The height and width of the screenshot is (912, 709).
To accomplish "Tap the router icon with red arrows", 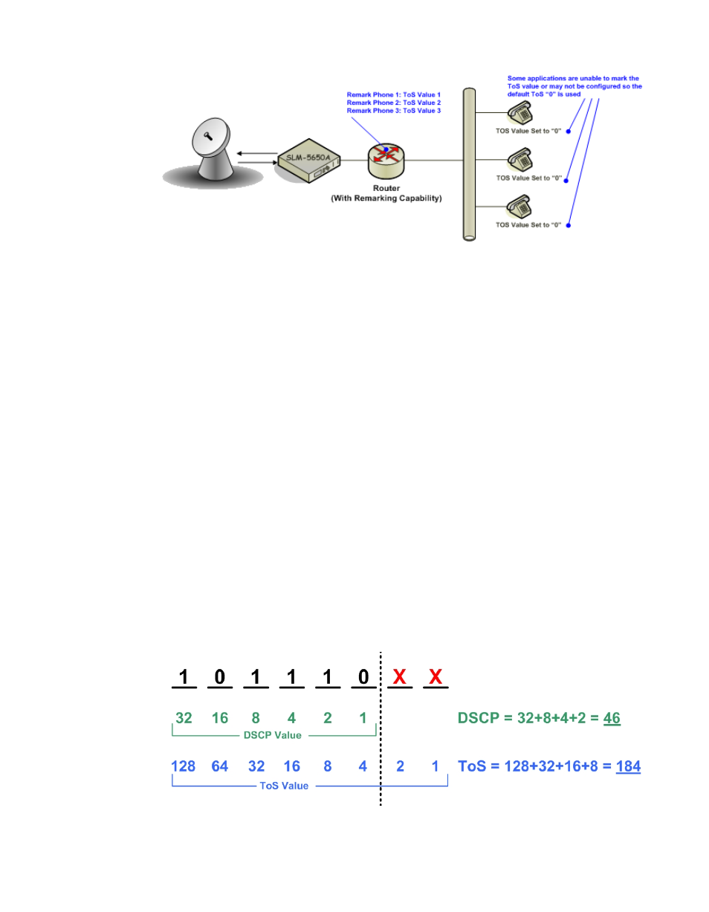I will [x=386, y=158].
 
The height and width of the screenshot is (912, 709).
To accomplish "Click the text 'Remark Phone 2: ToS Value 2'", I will [x=394, y=103].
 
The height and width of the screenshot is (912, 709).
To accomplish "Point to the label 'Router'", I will [x=386, y=189].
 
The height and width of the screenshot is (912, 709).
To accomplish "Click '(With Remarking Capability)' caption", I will [x=386, y=198].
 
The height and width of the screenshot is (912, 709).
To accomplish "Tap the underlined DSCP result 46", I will [x=612, y=719].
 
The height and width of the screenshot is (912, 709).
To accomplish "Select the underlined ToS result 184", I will [x=628, y=766].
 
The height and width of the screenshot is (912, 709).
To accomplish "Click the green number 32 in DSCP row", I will [x=184, y=718].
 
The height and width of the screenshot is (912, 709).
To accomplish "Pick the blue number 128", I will [x=183, y=766].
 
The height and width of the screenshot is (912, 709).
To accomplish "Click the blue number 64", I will [x=219, y=766].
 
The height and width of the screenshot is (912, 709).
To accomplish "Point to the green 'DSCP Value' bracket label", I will [x=273, y=735].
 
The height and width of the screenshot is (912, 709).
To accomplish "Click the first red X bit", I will [x=400, y=676].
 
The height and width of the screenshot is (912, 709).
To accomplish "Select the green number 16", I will [x=219, y=718].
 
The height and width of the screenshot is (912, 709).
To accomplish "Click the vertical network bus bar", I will [x=467, y=164].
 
